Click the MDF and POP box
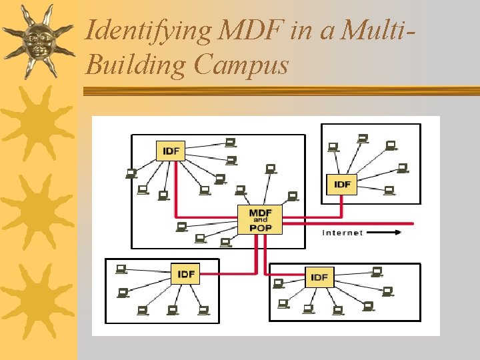click(260, 219)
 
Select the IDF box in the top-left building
click(171, 151)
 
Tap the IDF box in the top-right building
click(342, 183)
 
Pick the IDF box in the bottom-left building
click(186, 274)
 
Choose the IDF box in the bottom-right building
click(319, 277)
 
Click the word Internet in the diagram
click(343, 233)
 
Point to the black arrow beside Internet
click(385, 233)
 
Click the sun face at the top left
click(38, 41)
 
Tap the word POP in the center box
click(260, 227)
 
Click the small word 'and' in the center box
click(260, 219)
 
